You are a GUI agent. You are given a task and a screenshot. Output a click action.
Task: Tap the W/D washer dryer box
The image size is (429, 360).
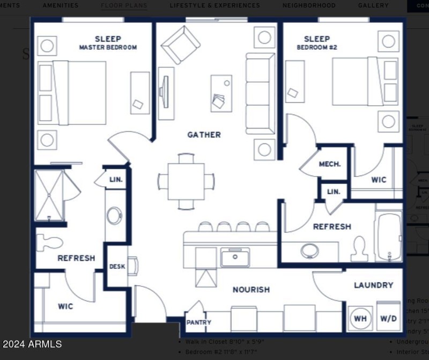click(388, 319)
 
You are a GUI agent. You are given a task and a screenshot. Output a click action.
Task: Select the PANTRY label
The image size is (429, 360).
click(198, 322)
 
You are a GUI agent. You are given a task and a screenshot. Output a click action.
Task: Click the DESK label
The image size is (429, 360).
click(117, 266)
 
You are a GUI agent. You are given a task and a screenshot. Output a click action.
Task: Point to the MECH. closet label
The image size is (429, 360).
click(330, 164)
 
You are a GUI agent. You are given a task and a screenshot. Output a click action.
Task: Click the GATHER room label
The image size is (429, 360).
click(204, 135)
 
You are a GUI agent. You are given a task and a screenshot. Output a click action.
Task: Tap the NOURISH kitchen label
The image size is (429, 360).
click(251, 290)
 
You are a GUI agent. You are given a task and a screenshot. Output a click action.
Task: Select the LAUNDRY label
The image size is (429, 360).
click(373, 285)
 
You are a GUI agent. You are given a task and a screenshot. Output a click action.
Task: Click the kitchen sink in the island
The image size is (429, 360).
click(235, 258)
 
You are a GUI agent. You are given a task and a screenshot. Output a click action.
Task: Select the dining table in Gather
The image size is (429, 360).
click(186, 181)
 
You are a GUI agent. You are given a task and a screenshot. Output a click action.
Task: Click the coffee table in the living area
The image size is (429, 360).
click(221, 93)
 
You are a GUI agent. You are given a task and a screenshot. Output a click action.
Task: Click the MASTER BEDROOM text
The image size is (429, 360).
click(108, 47)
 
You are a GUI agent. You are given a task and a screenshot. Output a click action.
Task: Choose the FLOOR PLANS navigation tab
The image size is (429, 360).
click(124, 5)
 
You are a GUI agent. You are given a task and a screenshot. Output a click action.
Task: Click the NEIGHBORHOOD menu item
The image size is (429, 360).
click(309, 5)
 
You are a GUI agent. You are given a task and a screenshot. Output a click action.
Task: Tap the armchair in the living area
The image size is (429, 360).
click(181, 45)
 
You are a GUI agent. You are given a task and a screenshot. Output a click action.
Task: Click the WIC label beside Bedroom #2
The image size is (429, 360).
click(379, 180)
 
